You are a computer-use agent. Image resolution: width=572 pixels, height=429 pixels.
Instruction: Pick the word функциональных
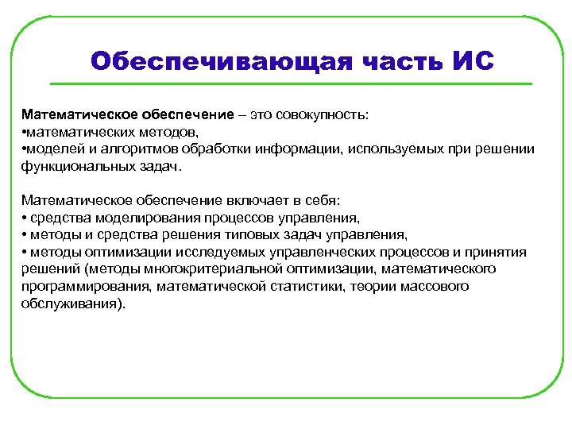coord(71,168)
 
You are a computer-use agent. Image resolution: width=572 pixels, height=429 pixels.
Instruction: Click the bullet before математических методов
coord(24,132)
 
